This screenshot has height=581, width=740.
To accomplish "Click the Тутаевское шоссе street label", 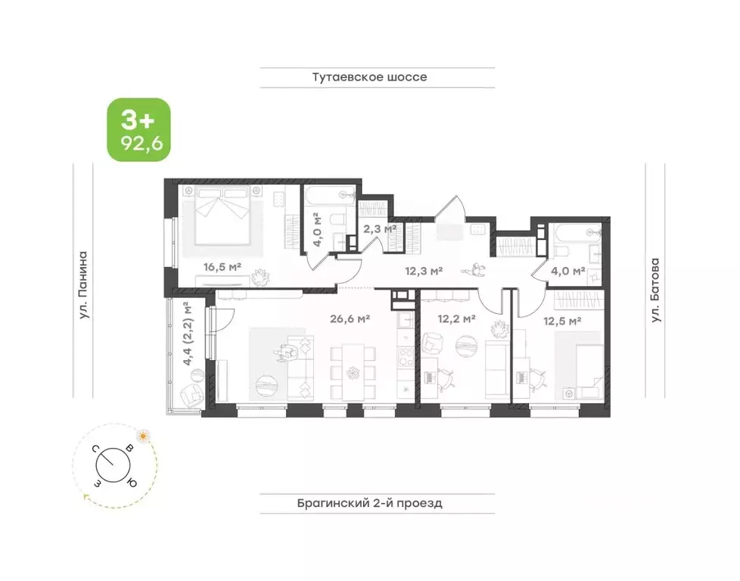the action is pos(369,77).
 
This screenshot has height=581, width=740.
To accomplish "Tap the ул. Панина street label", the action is pos(83,284).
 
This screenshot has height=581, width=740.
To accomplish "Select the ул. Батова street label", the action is pos(655,290).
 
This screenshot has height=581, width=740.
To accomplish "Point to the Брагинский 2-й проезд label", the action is pos(370,503).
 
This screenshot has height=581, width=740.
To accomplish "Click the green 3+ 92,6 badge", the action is pos(138,130).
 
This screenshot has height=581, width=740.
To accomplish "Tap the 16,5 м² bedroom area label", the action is pos(222,267).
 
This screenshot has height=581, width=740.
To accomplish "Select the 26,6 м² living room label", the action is pos(350,319).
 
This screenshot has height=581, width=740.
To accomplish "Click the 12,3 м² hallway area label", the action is pos(424,272).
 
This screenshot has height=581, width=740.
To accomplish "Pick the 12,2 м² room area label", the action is pos(456,319).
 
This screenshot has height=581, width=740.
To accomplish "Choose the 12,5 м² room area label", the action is pos(562,322).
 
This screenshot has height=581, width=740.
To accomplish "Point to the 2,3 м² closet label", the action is pos(379,229).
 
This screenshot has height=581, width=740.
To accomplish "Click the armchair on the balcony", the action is pos(191,396).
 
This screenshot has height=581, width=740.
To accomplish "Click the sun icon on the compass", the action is pos(142,435).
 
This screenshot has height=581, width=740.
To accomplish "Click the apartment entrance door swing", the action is pos(450,208).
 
